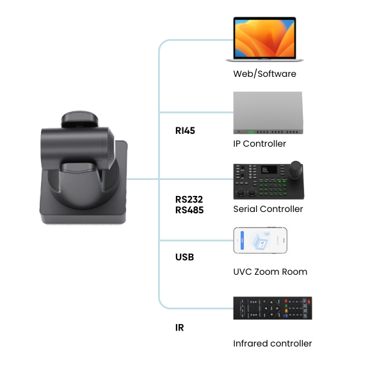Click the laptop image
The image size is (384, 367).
[264, 40]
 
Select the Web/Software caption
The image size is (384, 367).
[264, 74]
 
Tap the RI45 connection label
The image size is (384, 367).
[185, 131]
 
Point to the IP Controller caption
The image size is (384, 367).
[259, 143]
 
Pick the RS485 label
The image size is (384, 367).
[189, 209]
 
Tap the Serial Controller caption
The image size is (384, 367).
[268, 209]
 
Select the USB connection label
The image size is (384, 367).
[184, 257]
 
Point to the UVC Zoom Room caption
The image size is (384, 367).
[270, 272]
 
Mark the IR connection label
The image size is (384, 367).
[180, 327]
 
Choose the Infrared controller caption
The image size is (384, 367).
[273, 343]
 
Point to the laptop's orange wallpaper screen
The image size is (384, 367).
[264, 38]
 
